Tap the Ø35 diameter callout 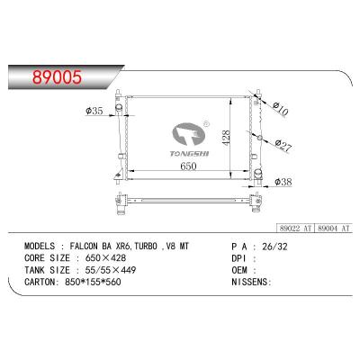[94, 112]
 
